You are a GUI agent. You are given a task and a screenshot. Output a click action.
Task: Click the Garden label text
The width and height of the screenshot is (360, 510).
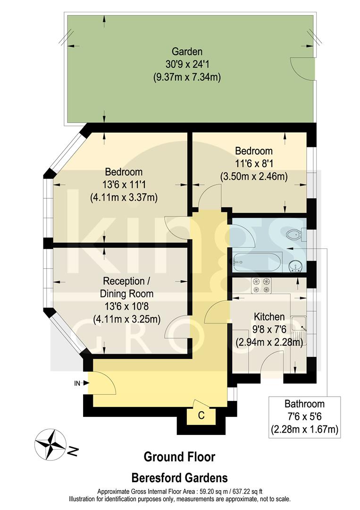pos(187,51)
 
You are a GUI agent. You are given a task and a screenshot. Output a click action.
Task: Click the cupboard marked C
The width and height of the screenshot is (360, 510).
pos(201,416)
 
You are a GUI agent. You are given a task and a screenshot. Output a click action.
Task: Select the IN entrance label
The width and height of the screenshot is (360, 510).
pos(77,383)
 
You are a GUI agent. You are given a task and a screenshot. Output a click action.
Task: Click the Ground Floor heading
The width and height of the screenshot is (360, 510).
pos(179,457)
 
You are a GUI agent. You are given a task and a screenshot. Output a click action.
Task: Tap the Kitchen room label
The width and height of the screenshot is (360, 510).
pos(269,316)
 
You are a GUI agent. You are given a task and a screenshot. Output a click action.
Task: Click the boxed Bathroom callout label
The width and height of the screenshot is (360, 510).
pos(304,404)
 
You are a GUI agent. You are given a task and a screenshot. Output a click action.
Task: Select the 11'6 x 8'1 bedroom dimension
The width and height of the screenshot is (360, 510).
pos(254,164)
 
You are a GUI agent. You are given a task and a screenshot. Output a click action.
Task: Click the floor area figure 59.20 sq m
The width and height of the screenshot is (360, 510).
pos(212,491)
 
